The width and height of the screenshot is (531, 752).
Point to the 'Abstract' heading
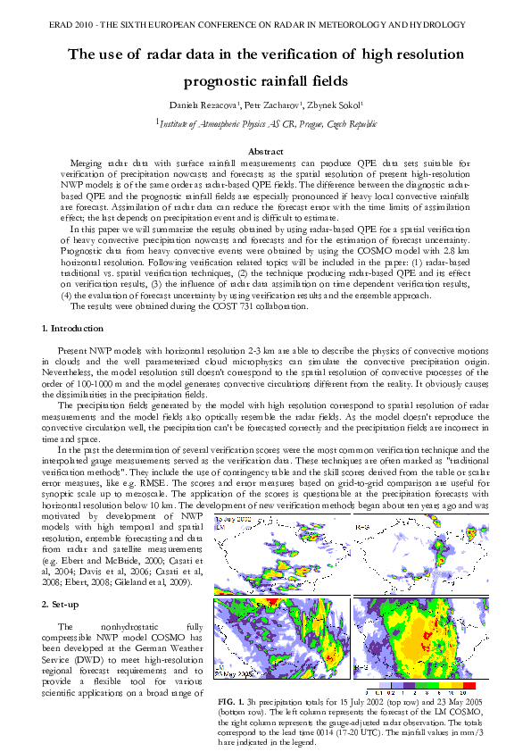click(265, 152)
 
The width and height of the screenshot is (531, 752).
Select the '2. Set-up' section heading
click(65, 605)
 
